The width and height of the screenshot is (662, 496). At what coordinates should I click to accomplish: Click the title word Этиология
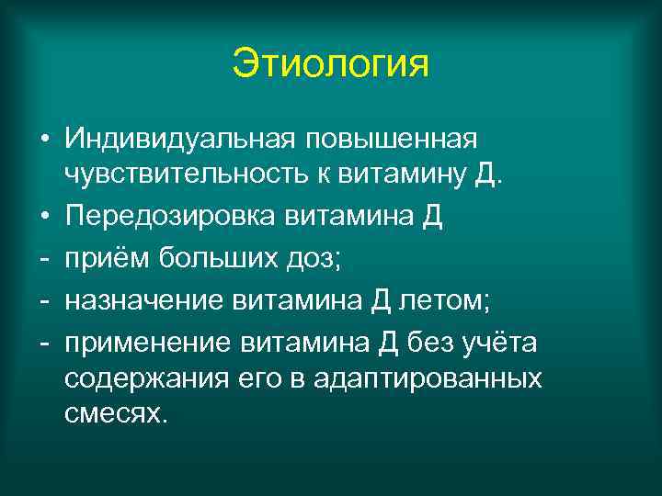(x=330, y=64)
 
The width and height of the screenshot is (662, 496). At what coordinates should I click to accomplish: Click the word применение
(x=147, y=343)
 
